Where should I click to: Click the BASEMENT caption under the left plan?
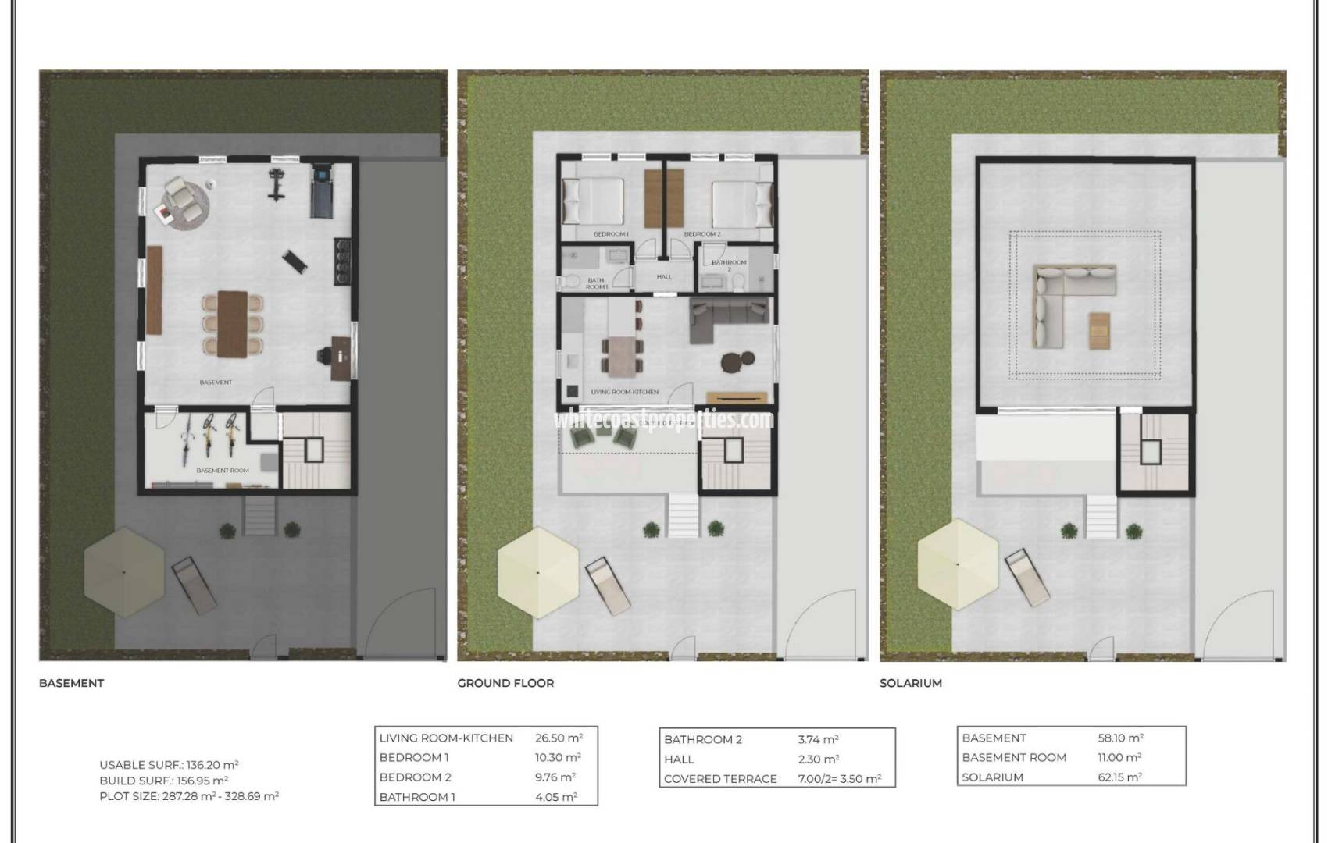click(71, 683)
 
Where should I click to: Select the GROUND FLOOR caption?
click(505, 683)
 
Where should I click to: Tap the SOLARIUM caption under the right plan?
click(910, 683)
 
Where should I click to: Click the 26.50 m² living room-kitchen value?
click(559, 738)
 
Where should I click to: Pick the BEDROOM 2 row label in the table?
click(415, 777)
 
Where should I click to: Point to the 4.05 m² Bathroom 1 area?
click(555, 797)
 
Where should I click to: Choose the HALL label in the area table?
click(679, 759)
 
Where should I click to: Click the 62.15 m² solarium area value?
click(1119, 777)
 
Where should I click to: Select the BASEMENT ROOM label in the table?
click(1013, 757)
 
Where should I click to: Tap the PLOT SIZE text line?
click(188, 796)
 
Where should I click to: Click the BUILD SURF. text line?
click(163, 781)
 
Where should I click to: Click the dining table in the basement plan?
click(232, 323)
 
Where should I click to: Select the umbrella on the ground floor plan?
click(537, 573)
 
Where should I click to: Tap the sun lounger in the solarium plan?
click(1029, 578)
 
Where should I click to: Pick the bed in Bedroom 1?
click(594, 202)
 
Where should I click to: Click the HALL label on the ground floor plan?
click(664, 276)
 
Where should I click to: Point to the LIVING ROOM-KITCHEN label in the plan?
click(624, 392)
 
